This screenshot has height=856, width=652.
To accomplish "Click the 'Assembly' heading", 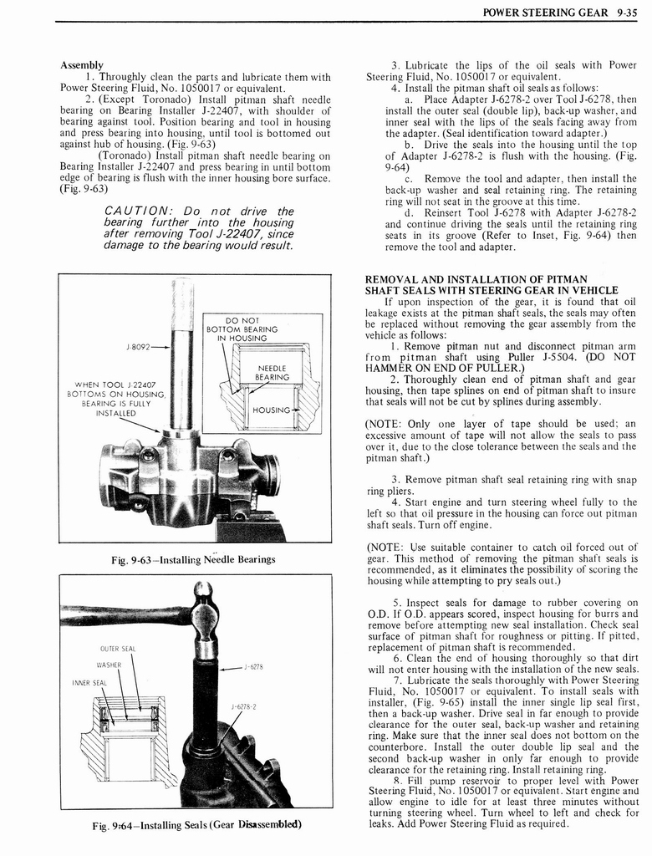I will (81, 64).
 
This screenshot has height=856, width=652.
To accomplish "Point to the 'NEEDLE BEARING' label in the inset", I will (273, 373).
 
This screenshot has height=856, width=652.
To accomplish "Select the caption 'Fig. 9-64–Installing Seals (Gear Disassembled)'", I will (196, 826).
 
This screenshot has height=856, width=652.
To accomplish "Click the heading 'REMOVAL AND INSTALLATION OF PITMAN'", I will (476, 279).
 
